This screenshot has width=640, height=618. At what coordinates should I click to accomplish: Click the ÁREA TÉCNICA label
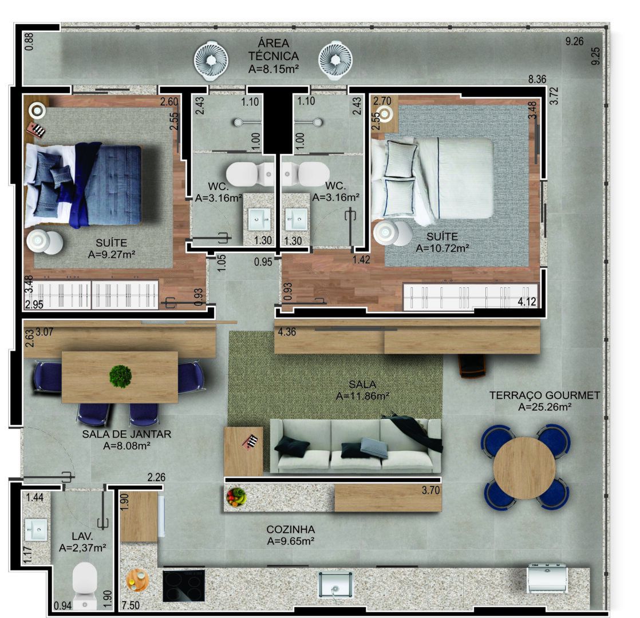[x=273, y=50]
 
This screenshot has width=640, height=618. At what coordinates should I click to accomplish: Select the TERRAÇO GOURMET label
[x=544, y=395]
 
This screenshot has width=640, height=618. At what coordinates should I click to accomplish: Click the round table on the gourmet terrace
[x=524, y=468]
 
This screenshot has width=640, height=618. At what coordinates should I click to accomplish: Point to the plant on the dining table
[x=120, y=376]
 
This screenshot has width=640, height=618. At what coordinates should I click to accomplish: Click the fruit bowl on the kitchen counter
[x=235, y=496]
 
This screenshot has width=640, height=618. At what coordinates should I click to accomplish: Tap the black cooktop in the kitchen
[x=183, y=584]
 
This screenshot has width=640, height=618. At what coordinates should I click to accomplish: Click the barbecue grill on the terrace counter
[x=547, y=578]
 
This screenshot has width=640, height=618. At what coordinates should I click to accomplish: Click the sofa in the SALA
[x=355, y=446]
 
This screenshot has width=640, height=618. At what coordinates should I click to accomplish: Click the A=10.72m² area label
[x=443, y=248]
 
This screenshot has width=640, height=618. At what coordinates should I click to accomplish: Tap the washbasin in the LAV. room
[x=36, y=530]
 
